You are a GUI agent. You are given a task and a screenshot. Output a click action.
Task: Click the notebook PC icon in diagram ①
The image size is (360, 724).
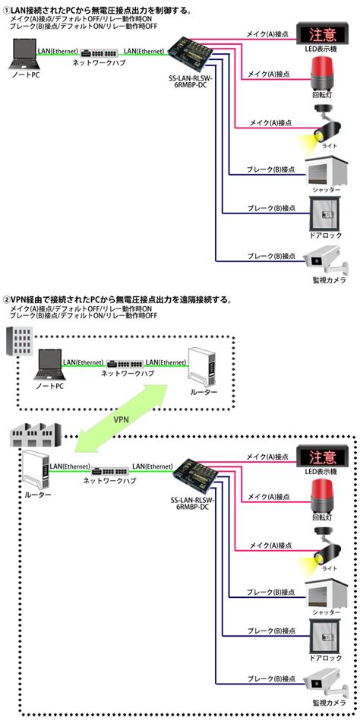21,56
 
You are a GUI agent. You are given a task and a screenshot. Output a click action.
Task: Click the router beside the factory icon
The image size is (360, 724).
36,471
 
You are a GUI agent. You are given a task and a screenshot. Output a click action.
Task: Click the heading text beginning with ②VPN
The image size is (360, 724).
118,300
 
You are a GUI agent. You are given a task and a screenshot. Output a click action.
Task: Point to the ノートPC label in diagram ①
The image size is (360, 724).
25,77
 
